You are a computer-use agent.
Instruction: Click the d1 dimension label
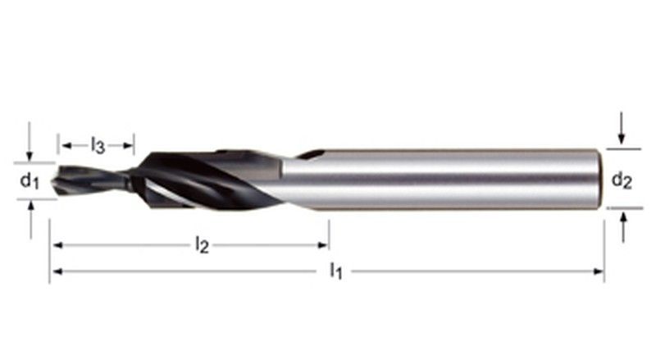tap(30, 180)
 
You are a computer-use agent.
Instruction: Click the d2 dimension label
tap(622, 180)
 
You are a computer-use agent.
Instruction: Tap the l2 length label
tap(202, 245)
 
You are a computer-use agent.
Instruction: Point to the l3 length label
tap(98, 147)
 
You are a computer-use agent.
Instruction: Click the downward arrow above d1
tap(30, 155)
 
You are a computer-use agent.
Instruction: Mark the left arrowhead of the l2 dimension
tap(55, 244)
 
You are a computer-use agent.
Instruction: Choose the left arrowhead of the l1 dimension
tap(55, 271)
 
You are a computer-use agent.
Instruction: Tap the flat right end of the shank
tap(598, 179)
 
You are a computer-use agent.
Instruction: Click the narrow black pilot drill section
tap(90, 180)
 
